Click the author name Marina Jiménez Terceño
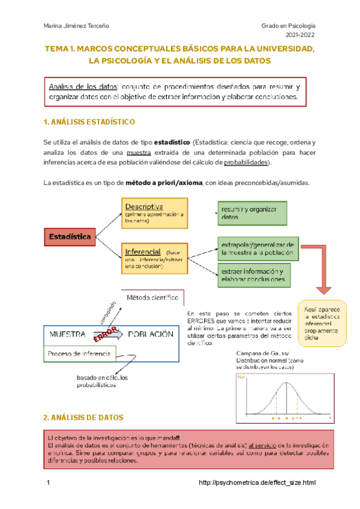point(77,26)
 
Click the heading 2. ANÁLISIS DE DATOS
point(83,417)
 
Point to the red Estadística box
point(70,236)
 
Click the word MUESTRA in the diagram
point(67,334)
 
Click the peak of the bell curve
point(286,383)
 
